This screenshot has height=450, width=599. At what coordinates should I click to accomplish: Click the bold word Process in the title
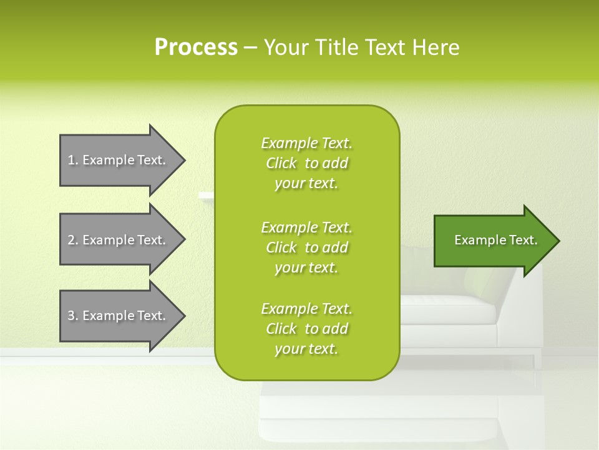pyautogui.click(x=196, y=47)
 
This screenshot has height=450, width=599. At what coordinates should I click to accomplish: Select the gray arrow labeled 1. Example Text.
pyautogui.click(x=119, y=160)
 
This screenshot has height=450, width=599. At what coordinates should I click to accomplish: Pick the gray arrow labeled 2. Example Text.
pyautogui.click(x=119, y=240)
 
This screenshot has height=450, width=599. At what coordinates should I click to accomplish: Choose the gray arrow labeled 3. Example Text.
pyautogui.click(x=119, y=316)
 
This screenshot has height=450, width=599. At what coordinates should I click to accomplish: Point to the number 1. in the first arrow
pyautogui.click(x=73, y=160)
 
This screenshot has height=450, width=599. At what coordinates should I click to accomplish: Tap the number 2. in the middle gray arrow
pyautogui.click(x=73, y=240)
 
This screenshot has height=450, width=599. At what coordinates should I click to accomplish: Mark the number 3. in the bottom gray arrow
pyautogui.click(x=73, y=316)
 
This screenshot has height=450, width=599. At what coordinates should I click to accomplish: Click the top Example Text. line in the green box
pyautogui.click(x=306, y=143)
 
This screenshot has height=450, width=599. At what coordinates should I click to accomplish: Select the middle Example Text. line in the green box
pyautogui.click(x=306, y=227)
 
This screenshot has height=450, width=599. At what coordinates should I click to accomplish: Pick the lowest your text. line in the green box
pyautogui.click(x=306, y=349)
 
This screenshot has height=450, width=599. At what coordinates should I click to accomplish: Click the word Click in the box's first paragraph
pyautogui.click(x=281, y=163)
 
